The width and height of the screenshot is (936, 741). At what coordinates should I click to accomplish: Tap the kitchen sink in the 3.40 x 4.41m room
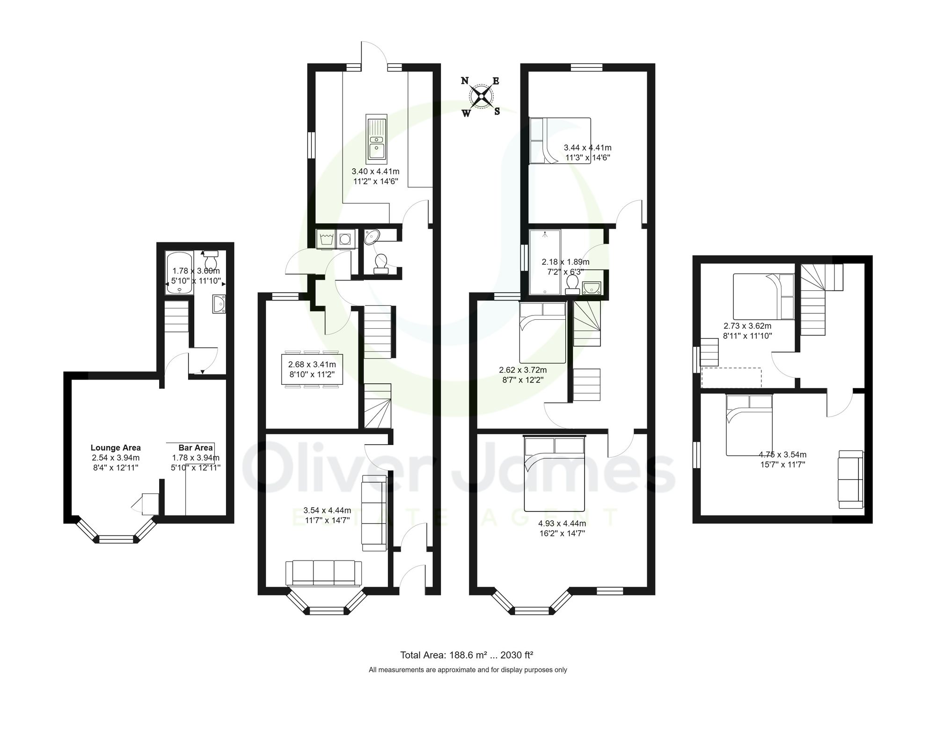click(376, 137)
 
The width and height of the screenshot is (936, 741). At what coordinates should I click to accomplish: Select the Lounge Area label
click(116, 447)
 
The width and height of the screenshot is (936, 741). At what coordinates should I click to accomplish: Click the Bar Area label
click(196, 447)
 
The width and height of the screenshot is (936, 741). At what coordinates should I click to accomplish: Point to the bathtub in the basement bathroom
click(179, 273)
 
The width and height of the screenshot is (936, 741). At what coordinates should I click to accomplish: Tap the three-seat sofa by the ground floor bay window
click(323, 572)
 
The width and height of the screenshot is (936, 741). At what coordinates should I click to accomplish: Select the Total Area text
click(467, 655)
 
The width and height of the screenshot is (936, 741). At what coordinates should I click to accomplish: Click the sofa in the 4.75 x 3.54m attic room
click(850, 479)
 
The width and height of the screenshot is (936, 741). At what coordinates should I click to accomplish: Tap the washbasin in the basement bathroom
click(219, 304)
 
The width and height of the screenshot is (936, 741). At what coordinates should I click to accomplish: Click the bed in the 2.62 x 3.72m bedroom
click(542, 332)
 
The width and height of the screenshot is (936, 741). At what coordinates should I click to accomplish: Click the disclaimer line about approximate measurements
click(468, 670)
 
